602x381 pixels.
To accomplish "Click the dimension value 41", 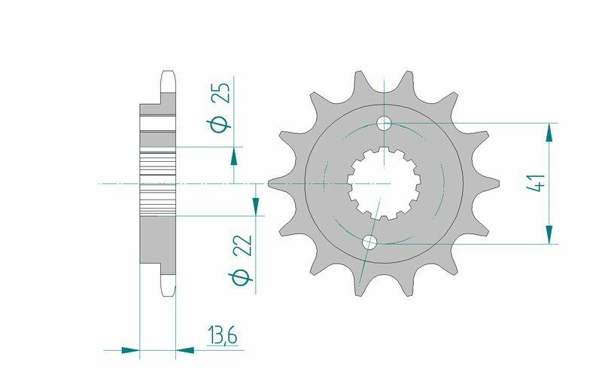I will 536,184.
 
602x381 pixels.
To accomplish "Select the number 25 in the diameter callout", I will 220,93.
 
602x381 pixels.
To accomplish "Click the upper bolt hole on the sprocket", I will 385,123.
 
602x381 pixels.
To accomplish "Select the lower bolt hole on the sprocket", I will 369,242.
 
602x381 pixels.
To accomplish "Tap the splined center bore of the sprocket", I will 385,183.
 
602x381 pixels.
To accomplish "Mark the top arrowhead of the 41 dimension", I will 550,132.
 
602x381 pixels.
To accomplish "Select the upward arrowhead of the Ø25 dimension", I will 234,156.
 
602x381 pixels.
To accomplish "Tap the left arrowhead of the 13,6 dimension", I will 131,349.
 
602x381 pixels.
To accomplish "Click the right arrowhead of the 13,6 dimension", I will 185,349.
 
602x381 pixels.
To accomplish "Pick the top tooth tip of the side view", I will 168,75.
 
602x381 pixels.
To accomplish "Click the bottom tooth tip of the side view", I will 168,291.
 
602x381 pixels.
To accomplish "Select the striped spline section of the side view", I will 158,183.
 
